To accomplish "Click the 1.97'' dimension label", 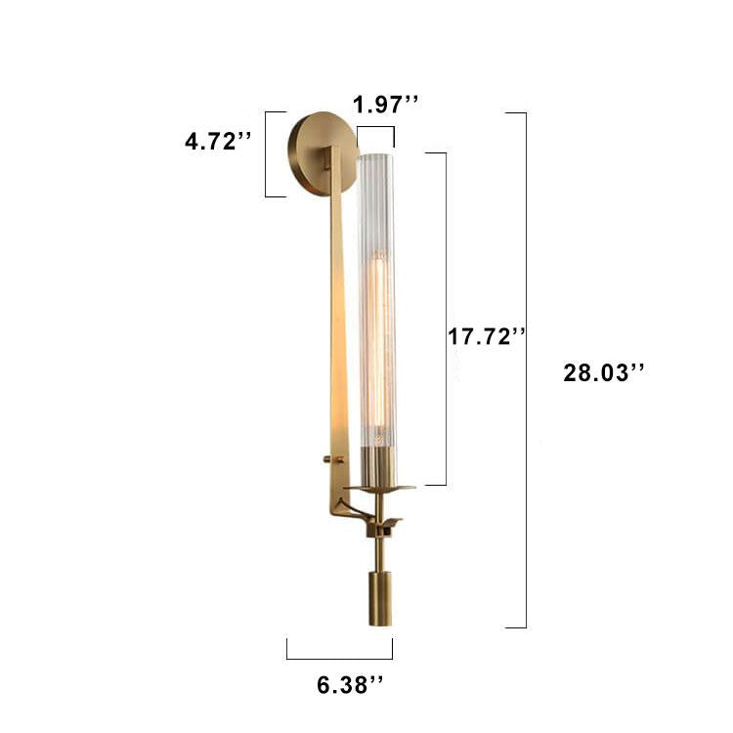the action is click(386, 105).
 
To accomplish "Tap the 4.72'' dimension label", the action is click(218, 141).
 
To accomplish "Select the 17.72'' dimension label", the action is click(487, 336).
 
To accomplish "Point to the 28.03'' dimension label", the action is click(604, 373).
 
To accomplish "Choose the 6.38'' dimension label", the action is click(350, 685).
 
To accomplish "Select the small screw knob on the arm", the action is click(328, 459).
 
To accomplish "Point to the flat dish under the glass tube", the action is click(379, 488).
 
